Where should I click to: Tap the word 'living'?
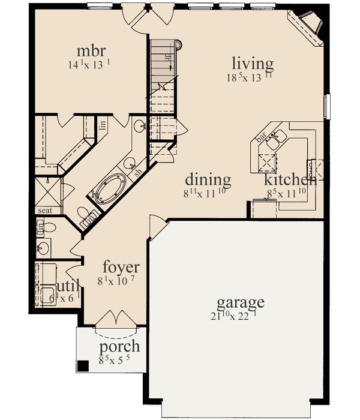(253, 63)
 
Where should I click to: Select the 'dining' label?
(208, 179)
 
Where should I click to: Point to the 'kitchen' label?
(291, 179)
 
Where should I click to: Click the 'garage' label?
(241, 301)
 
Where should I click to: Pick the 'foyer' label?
(121, 267)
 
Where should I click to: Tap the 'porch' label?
(120, 346)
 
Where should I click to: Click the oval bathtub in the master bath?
(109, 187)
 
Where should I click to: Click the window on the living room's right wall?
(327, 106)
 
